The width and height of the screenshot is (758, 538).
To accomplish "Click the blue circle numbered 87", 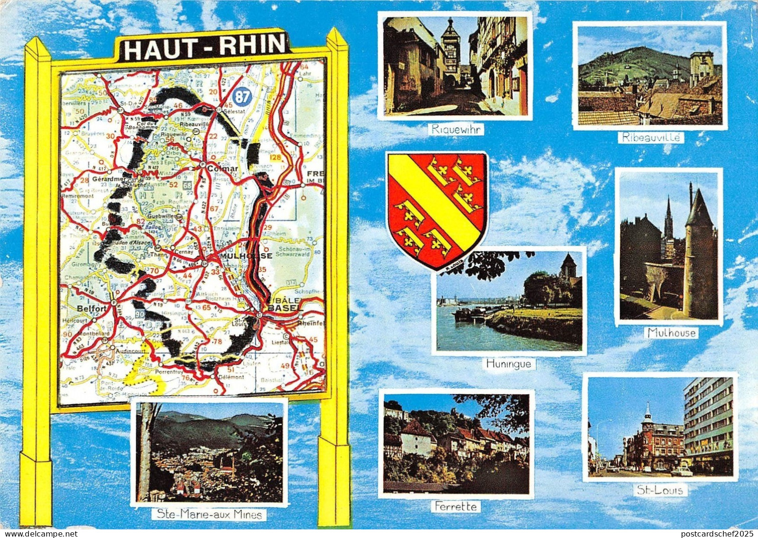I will tap(242, 97).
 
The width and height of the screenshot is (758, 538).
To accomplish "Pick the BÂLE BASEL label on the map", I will tap(285, 305).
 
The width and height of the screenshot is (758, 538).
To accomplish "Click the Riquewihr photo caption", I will tap(455, 129).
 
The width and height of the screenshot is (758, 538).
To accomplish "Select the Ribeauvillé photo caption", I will tap(651, 138).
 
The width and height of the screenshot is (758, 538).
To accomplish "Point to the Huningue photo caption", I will tap(508, 364).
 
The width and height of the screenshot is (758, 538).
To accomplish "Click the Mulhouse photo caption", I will tap(671, 333).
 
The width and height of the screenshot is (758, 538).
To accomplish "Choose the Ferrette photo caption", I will tap(456, 507).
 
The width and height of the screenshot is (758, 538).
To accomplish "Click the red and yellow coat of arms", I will tap(437, 209).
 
